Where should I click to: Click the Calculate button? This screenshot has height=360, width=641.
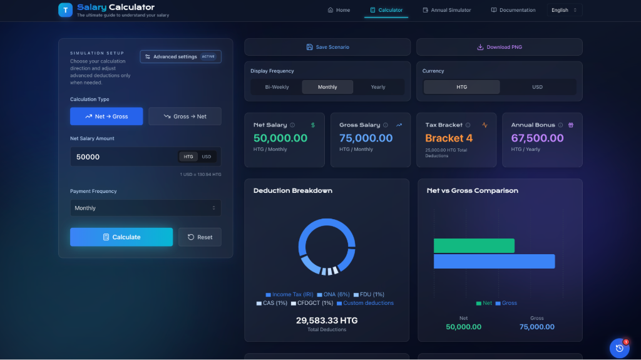tap(121, 237)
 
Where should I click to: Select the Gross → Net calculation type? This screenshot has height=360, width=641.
tap(185, 116)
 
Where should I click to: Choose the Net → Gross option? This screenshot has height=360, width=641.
tap(106, 116)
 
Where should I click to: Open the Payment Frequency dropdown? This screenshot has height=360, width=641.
tap(145, 208)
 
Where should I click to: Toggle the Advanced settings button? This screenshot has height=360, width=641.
tap(180, 57)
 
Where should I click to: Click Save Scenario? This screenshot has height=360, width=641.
tap(327, 47)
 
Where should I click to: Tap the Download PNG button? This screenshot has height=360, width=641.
tap(499, 47)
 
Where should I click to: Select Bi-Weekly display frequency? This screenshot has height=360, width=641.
tap(277, 87)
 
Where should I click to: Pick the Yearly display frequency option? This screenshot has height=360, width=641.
tap(378, 87)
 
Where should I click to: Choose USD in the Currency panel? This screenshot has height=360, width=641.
tap(537, 87)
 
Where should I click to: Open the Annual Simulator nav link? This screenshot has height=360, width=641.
tap(447, 10)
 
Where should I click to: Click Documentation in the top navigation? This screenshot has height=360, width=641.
tap(513, 10)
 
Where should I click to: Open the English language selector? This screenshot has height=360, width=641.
tap(564, 10)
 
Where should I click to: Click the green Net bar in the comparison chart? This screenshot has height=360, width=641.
tap(474, 245)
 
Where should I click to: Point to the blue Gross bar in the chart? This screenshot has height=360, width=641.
tap(494, 261)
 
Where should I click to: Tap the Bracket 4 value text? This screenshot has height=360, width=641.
tap(449, 138)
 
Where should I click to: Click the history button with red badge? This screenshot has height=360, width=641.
tap(619, 348)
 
